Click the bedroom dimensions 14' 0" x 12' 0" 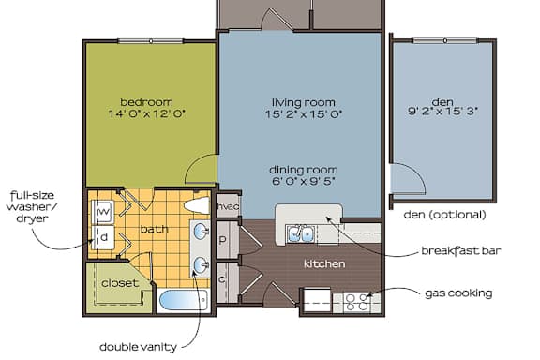coord(146,113)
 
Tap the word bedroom coord(146,101)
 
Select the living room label coord(304,101)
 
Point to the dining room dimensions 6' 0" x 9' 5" coord(304,182)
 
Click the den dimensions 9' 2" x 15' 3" coord(442,112)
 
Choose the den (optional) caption coord(444,215)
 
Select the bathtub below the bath coord(184,302)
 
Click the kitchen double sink coord(301,233)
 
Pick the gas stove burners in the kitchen coord(356,301)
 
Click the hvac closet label coord(228,206)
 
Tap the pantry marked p coord(223,240)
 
